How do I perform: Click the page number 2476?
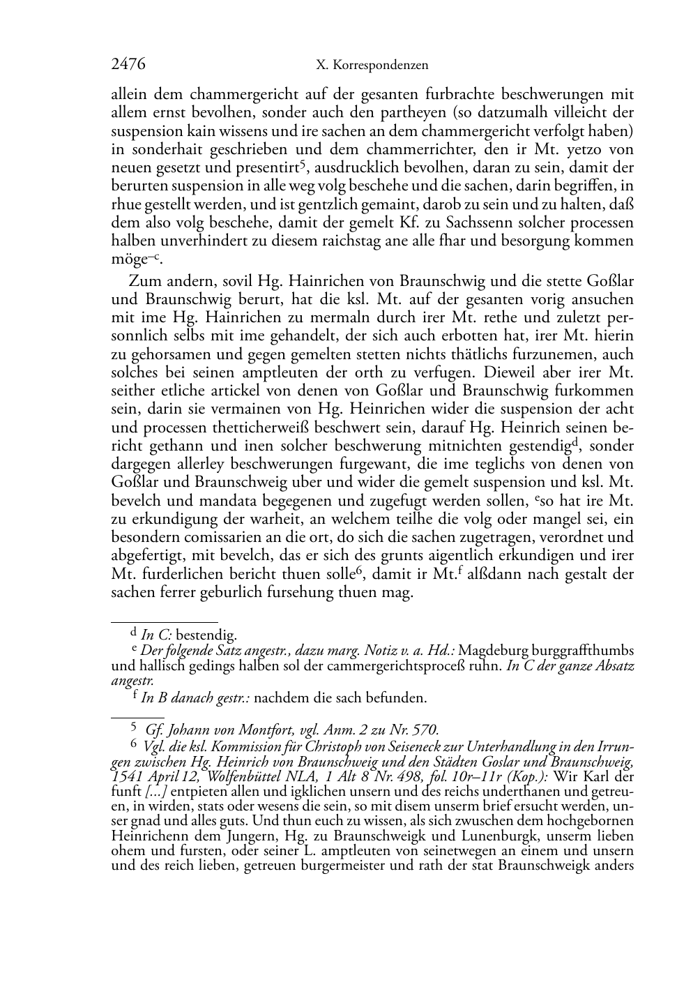pos(128,65)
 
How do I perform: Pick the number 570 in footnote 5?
pos(427,730)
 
